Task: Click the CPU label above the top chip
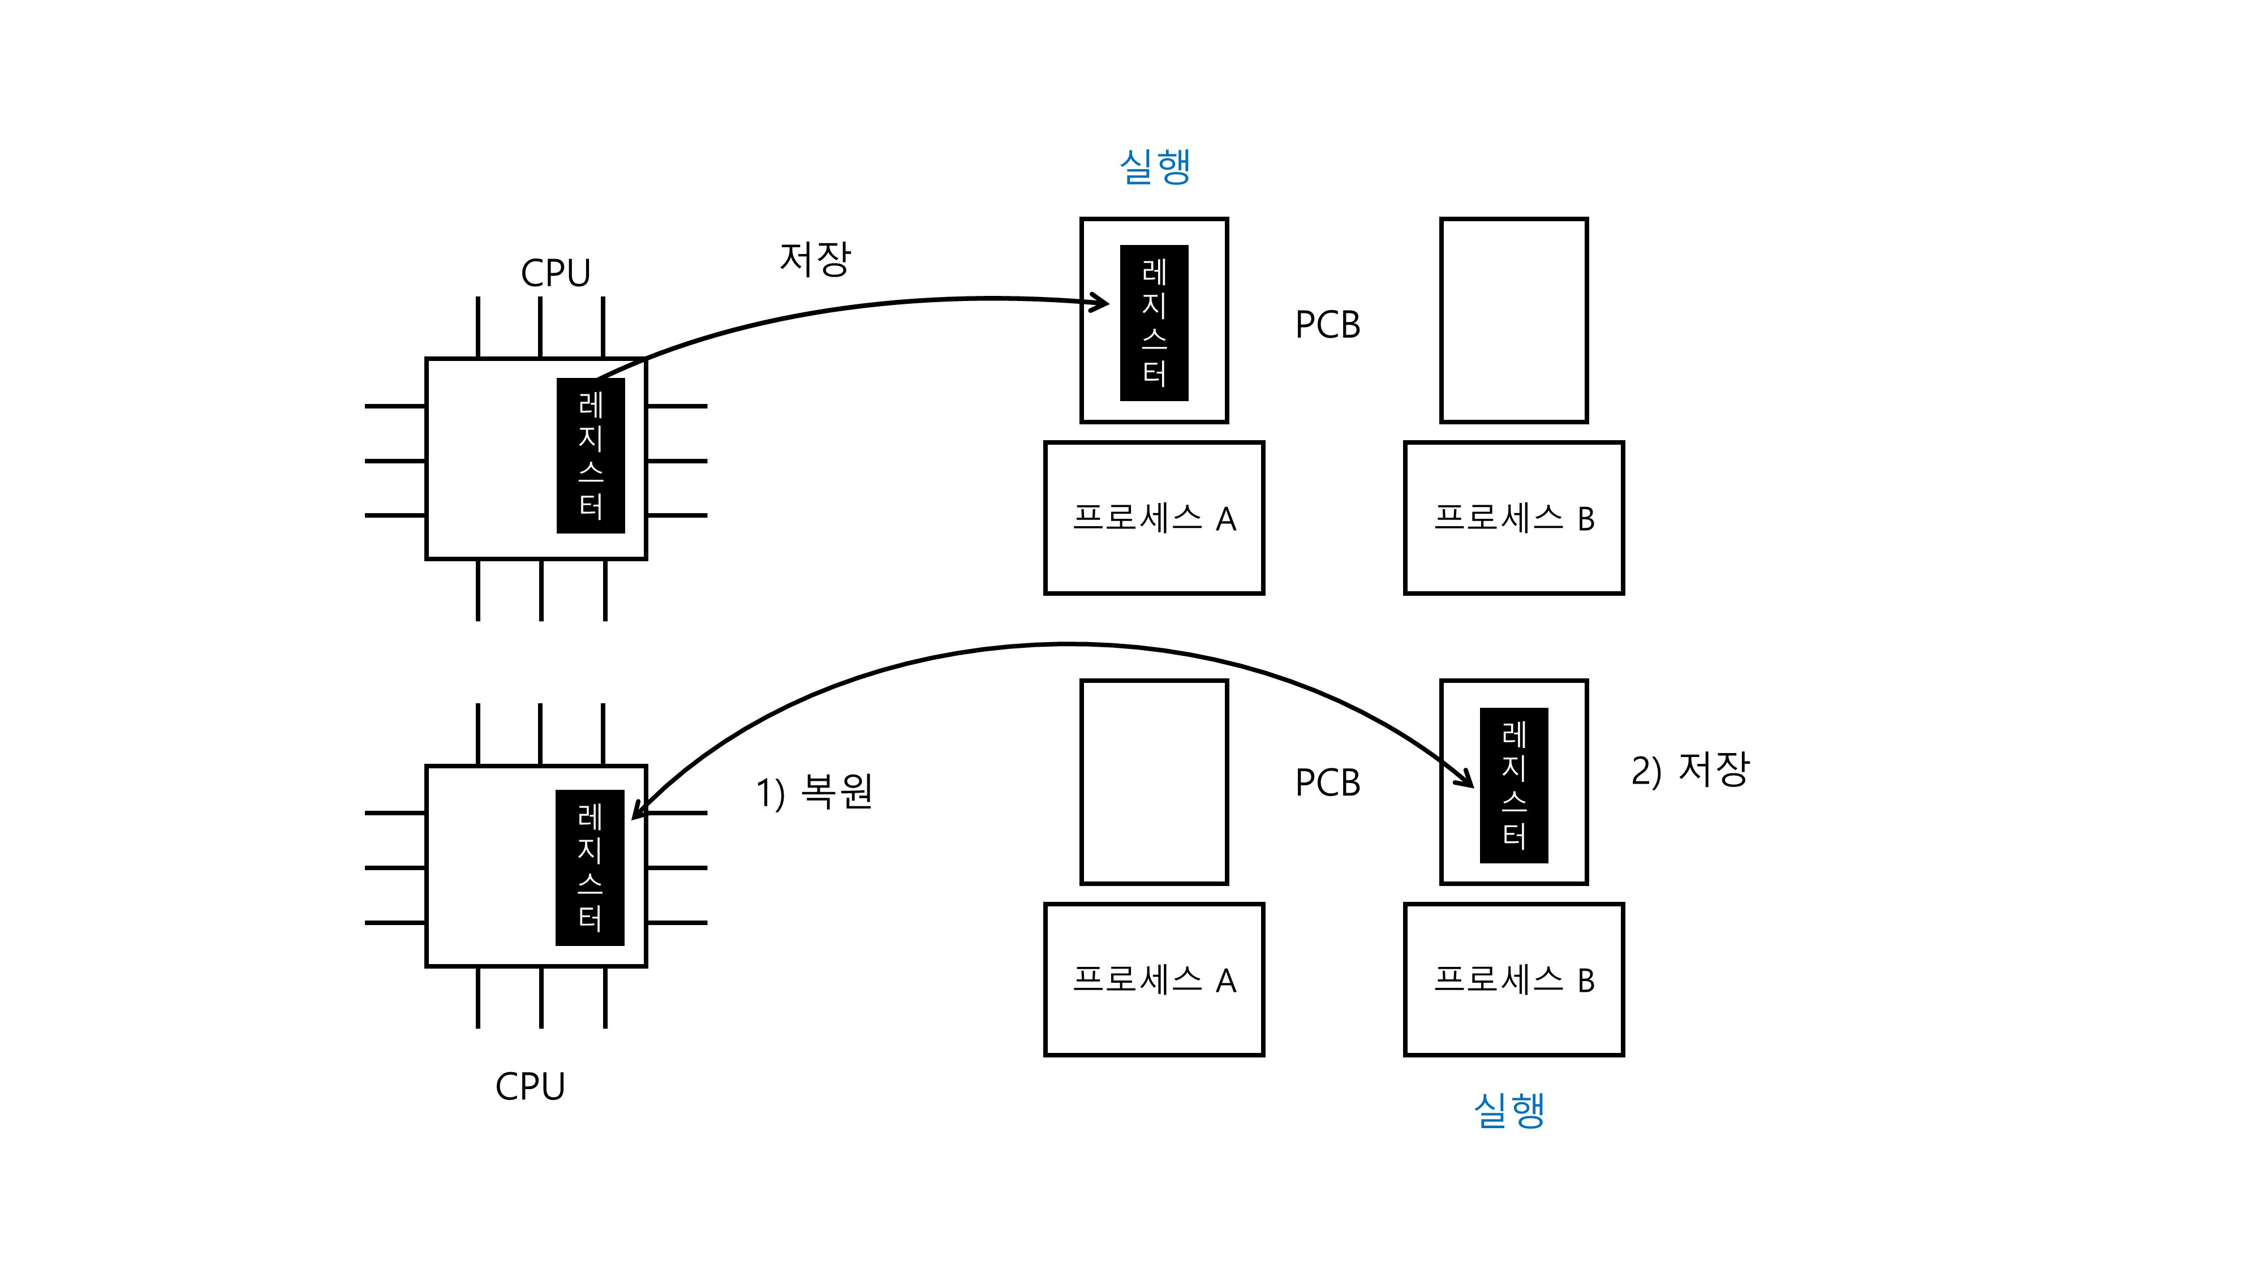click(555, 273)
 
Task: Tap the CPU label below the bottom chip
click(530, 1087)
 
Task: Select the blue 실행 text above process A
click(1154, 166)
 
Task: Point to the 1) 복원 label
click(814, 792)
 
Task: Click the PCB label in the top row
click(1327, 325)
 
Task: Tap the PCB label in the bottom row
click(1327, 783)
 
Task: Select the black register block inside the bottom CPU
click(590, 867)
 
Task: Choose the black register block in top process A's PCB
click(1154, 322)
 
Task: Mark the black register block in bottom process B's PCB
click(1513, 785)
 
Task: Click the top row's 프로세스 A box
click(1154, 518)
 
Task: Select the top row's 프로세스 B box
click(1513, 518)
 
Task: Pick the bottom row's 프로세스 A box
click(1154, 979)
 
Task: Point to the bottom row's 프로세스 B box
click(1513, 979)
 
